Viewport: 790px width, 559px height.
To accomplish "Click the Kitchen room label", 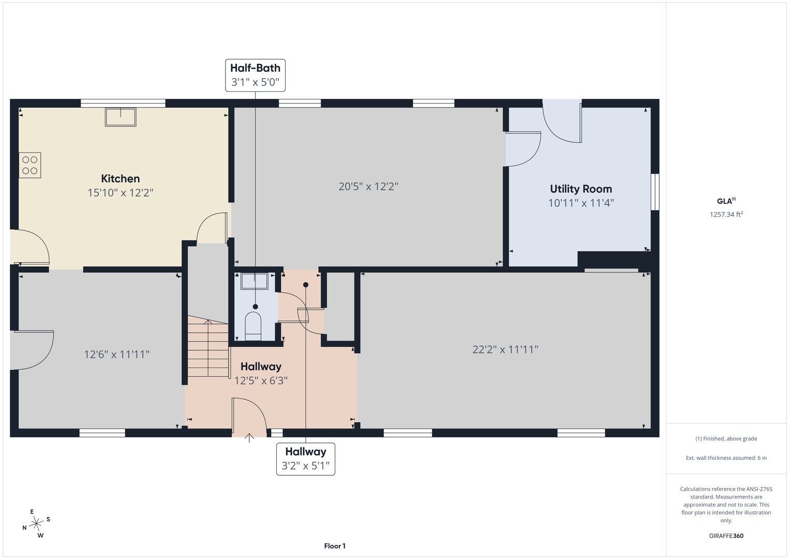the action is click(x=120, y=179).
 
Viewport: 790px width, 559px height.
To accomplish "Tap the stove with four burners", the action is click(x=29, y=165).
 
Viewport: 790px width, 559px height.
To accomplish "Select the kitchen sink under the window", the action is click(x=121, y=117).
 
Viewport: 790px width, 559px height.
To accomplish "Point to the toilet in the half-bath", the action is click(x=253, y=326).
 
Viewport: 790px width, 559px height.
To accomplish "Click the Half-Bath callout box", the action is click(x=256, y=75).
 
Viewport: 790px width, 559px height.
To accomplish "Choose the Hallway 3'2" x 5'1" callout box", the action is click(x=305, y=459).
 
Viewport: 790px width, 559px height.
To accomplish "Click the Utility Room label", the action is click(x=581, y=189).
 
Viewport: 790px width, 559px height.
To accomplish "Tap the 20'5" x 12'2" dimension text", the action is click(x=368, y=186).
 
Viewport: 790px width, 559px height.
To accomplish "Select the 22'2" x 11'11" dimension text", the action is click(x=505, y=349).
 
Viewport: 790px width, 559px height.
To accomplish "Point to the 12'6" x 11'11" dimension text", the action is click(x=117, y=355).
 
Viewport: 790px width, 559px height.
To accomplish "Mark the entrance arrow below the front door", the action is click(x=249, y=438).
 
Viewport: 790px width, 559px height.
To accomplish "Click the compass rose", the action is click(x=36, y=523).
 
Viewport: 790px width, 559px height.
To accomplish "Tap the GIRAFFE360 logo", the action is click(x=726, y=536).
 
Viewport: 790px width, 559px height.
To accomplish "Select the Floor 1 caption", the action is click(x=335, y=546).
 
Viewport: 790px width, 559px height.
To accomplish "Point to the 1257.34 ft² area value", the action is click(x=726, y=214).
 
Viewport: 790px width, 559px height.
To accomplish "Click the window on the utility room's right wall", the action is click(x=655, y=192).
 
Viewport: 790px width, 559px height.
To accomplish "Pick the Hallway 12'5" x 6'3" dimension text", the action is click(x=261, y=381).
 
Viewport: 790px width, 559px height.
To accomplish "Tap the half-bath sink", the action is click(x=254, y=281).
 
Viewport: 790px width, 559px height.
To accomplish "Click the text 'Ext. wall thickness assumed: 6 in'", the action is click(x=726, y=458).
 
